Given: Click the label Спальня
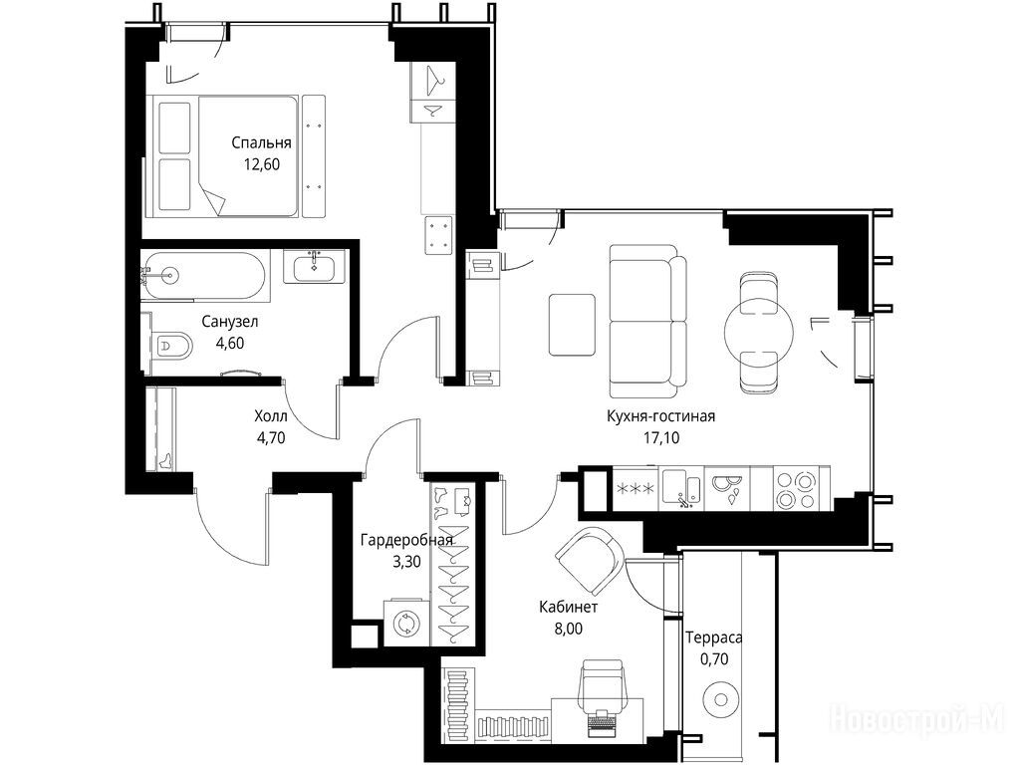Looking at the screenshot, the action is pyautogui.click(x=261, y=142).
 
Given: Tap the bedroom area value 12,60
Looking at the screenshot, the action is pyautogui.click(x=262, y=164).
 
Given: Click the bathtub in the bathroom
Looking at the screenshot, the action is pyautogui.click(x=204, y=276).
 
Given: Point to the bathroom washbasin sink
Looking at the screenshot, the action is pyautogui.click(x=315, y=268).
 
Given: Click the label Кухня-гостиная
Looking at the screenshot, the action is pyautogui.click(x=660, y=416).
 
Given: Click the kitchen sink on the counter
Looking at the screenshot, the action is pyautogui.click(x=681, y=488).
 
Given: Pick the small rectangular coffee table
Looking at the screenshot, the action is pyautogui.click(x=572, y=325).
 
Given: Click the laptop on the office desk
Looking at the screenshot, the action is pyautogui.click(x=603, y=722).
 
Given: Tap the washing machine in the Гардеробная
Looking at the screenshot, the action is pyautogui.click(x=406, y=623).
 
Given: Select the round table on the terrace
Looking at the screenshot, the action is pyautogui.click(x=720, y=699).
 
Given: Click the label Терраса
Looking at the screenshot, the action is pyautogui.click(x=713, y=637).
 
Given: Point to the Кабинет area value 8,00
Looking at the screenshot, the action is pyautogui.click(x=569, y=629).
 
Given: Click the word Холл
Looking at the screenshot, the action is pyautogui.click(x=271, y=416).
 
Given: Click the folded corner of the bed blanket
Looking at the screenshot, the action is pyautogui.click(x=212, y=198).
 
